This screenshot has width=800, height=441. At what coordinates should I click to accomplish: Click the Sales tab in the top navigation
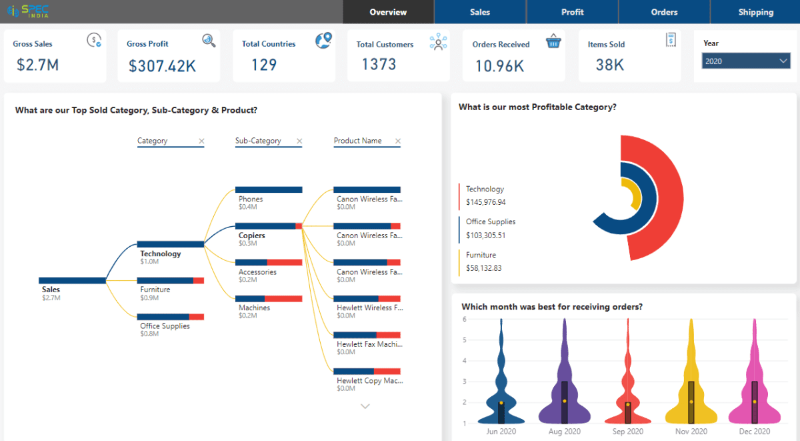479,12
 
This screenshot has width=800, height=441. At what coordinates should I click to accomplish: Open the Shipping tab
755,12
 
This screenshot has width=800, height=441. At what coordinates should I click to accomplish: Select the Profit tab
572,12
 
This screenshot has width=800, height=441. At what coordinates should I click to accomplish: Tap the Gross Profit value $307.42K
162,66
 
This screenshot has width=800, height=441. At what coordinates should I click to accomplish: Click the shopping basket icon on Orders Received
553,42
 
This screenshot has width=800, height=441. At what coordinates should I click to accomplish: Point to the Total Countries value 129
264,65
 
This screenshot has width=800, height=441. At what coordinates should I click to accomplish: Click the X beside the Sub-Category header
299,141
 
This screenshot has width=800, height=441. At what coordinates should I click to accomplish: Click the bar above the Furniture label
171,281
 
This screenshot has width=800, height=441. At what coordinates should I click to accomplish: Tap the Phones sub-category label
251,199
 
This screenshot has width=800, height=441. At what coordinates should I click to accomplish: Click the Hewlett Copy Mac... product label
369,380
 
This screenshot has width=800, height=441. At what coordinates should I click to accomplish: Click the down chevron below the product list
365,406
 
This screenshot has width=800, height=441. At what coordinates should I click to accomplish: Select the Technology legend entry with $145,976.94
485,195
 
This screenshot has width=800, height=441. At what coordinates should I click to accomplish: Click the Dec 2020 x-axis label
755,432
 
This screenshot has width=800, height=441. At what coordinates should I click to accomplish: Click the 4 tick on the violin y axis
464,361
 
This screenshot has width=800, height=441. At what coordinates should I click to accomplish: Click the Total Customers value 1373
379,65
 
